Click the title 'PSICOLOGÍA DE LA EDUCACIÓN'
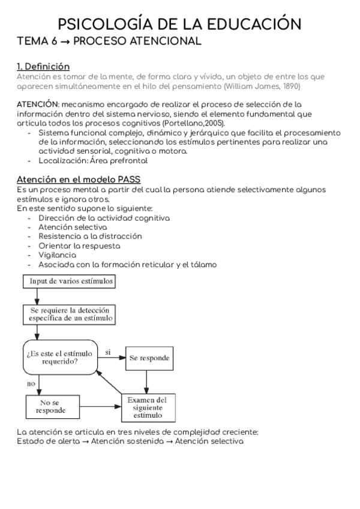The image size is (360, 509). click(x=180, y=24)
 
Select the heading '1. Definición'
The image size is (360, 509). click(x=43, y=67)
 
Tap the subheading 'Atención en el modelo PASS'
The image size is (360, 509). click(x=79, y=179)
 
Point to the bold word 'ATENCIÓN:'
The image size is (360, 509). click(x=38, y=104)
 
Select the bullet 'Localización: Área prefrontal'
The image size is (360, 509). click(x=93, y=161)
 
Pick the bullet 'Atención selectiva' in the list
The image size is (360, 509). click(x=73, y=227)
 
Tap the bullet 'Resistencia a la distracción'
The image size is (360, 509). click(x=90, y=236)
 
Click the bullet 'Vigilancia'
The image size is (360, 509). click(x=57, y=255)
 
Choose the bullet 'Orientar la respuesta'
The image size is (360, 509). click(x=79, y=246)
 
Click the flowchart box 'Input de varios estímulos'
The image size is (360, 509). click(x=69, y=281)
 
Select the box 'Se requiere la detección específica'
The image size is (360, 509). click(x=69, y=314)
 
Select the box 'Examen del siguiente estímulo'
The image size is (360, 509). click(x=148, y=408)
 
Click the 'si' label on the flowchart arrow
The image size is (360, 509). click(x=108, y=352)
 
